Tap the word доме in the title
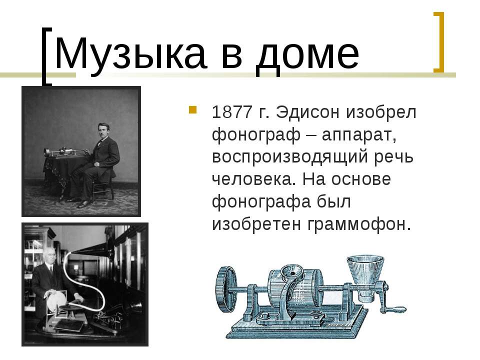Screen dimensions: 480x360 point(307,55)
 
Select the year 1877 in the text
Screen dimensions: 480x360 point(231,112)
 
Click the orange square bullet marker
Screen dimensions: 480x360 point(192,109)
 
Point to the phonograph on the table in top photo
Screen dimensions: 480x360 point(65,152)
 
